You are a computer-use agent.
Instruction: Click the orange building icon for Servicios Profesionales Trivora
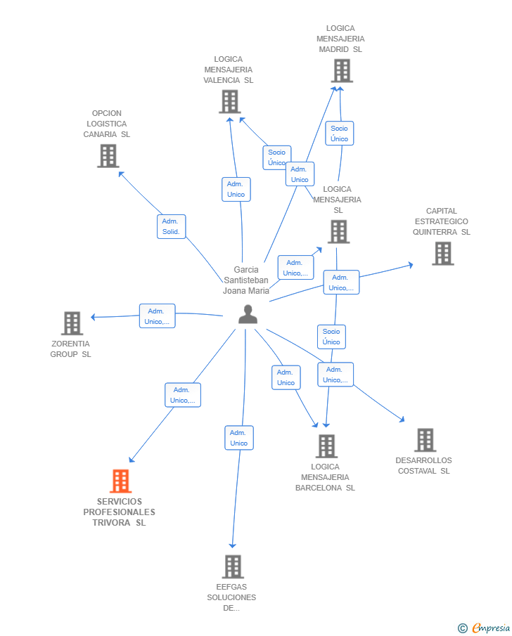121,481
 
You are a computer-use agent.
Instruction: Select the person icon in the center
248,314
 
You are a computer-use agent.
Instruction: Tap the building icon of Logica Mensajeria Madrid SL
341,71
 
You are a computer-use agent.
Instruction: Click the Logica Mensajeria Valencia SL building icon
229,102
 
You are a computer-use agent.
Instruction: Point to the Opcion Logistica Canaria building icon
108,156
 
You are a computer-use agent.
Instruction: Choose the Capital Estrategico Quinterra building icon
442,254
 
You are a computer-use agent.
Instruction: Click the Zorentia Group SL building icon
72,323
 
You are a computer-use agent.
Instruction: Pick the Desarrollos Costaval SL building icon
425,440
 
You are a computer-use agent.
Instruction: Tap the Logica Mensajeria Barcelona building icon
326,446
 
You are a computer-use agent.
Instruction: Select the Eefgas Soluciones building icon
232,566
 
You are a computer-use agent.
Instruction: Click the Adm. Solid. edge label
171,226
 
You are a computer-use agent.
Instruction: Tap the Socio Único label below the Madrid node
340,134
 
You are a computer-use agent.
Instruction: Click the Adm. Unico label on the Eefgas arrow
239,438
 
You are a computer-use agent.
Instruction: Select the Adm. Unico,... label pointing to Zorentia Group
157,316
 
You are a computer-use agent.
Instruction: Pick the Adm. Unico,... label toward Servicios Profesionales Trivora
183,395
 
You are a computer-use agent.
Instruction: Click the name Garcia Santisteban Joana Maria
246,280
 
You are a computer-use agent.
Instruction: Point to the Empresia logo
485,628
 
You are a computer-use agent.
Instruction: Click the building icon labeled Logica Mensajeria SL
338,232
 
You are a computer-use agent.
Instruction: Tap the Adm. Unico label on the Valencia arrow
236,189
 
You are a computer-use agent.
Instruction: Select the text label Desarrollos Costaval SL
423,466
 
